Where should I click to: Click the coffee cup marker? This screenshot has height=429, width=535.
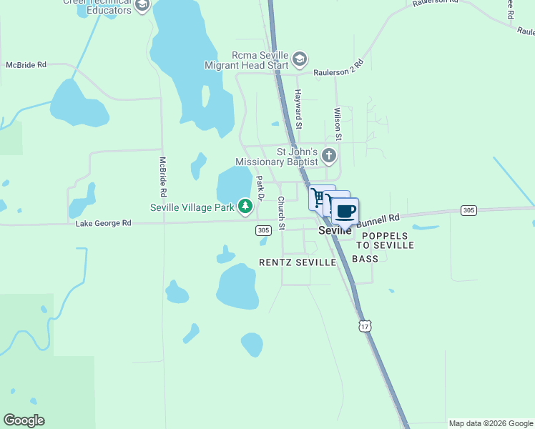(x=345, y=212)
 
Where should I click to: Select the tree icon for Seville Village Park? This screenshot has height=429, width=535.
(x=245, y=207)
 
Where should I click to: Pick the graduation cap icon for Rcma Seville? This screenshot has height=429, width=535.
(x=299, y=59)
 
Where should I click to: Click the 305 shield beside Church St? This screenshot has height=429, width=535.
(x=263, y=230)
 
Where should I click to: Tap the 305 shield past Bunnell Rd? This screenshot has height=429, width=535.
(x=468, y=209)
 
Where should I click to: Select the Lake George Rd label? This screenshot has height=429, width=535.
(x=104, y=223)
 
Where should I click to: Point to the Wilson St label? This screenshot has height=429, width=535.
(x=338, y=123)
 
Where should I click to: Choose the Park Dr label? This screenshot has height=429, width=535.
(x=261, y=189)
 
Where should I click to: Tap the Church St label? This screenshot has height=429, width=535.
(x=281, y=213)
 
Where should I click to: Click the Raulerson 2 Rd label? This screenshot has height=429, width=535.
(x=339, y=67)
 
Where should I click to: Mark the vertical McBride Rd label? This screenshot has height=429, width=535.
(x=163, y=177)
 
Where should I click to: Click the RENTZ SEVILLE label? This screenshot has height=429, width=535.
(x=297, y=262)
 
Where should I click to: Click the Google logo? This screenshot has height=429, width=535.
(x=24, y=420)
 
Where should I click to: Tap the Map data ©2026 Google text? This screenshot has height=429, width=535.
(x=491, y=423)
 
